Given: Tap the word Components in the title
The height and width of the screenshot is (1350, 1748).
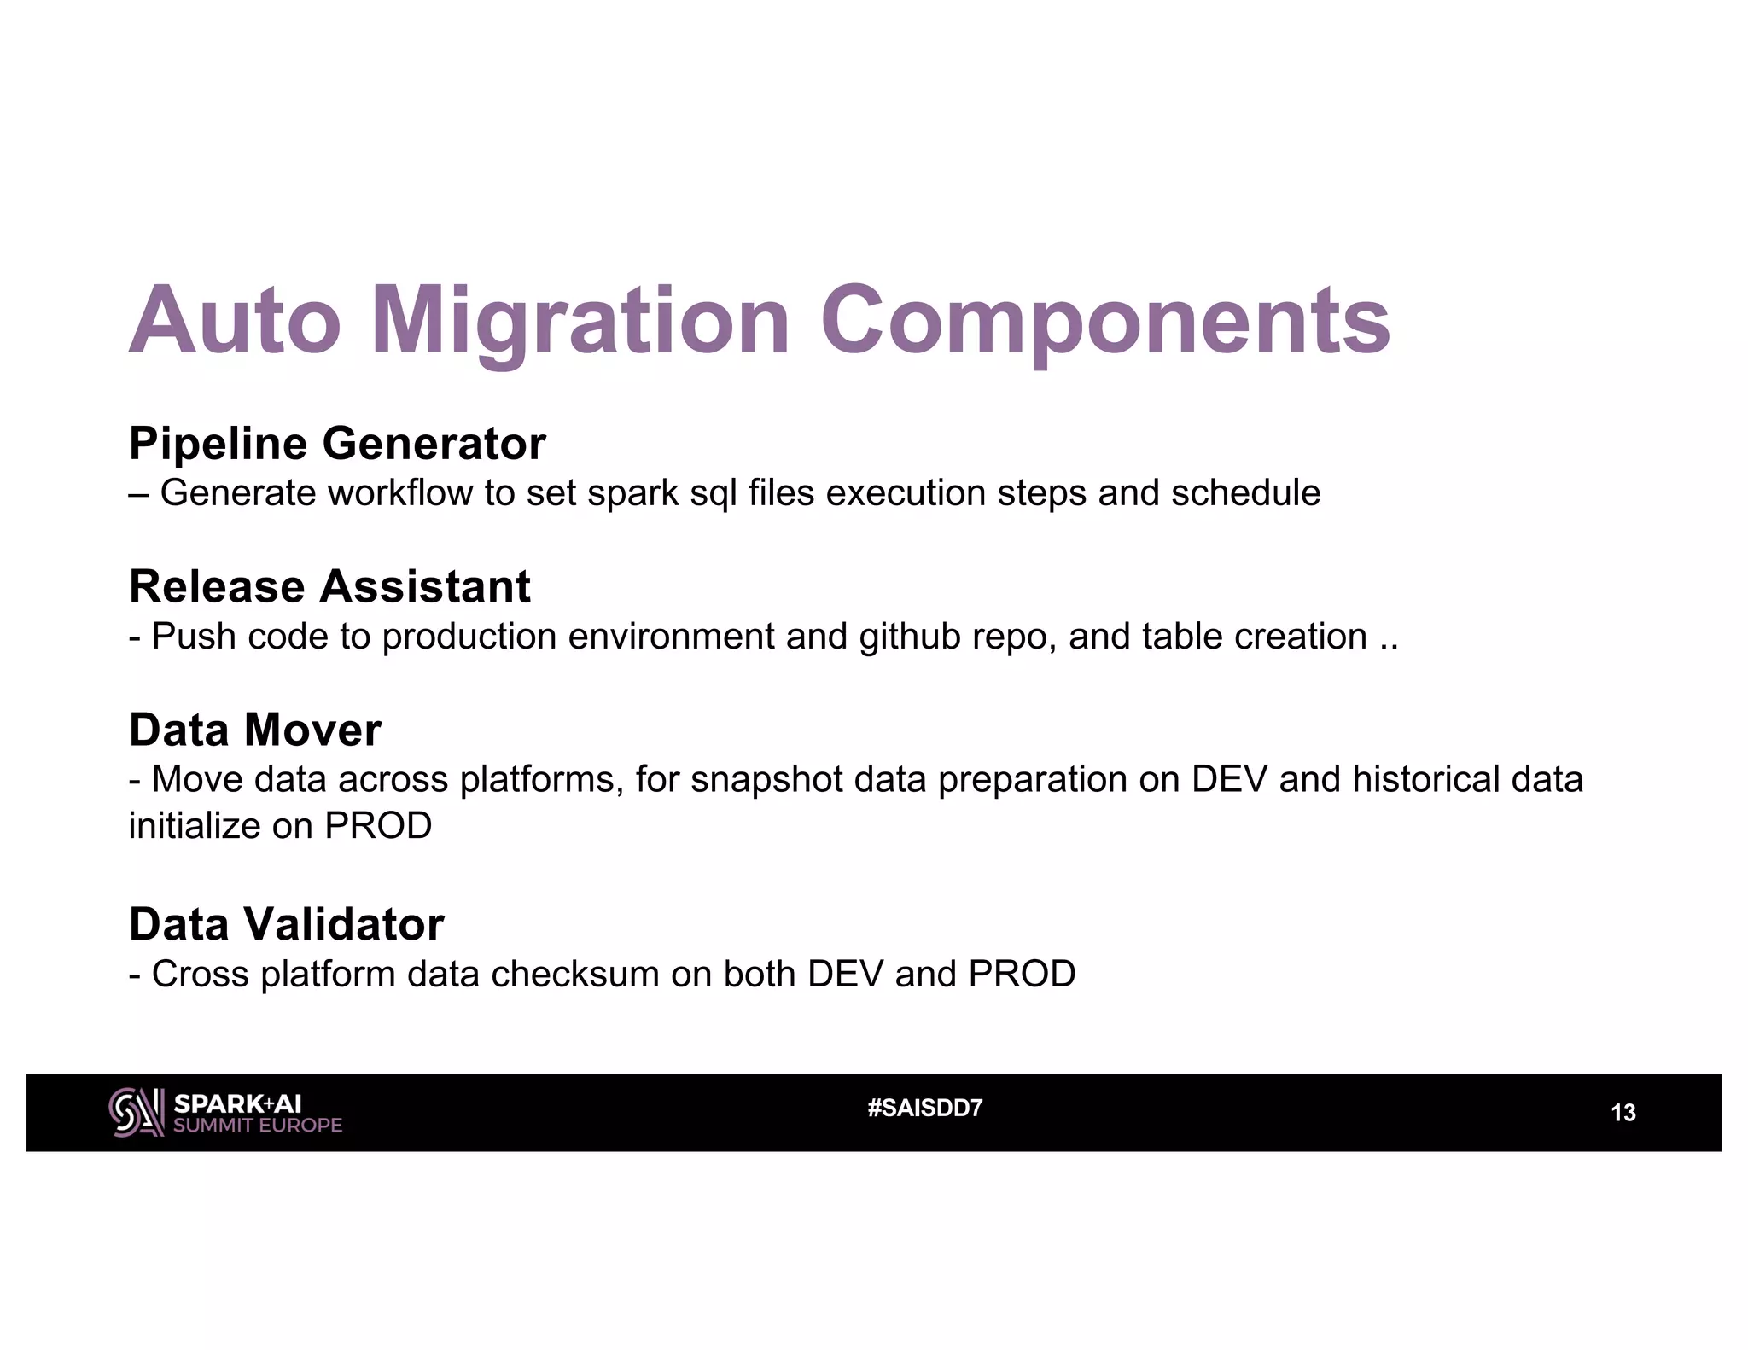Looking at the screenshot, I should tap(1105, 323).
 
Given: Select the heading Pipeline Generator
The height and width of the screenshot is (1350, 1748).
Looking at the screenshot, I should tap(337, 444).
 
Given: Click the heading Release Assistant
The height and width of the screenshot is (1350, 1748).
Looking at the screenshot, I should tap(329, 587).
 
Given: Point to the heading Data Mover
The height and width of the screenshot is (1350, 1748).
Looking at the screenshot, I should tap(254, 730).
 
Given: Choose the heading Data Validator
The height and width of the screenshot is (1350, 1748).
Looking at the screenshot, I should tap(286, 924).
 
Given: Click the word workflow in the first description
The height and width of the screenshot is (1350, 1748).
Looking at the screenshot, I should tap(399, 493).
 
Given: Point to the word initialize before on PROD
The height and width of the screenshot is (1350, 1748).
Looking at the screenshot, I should tap(194, 826).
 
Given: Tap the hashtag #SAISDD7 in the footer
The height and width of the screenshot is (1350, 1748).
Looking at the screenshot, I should tap(924, 1109).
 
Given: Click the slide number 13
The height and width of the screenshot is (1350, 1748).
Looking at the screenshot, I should tap(1623, 1113).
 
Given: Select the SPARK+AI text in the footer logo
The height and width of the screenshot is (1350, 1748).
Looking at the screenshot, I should tap(237, 1103).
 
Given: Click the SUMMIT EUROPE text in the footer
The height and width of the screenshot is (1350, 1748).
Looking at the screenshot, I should tap(257, 1126).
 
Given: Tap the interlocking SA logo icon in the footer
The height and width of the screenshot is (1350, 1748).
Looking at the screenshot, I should tap(137, 1113).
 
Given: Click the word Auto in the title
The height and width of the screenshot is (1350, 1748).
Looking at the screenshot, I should tap(235, 323).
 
